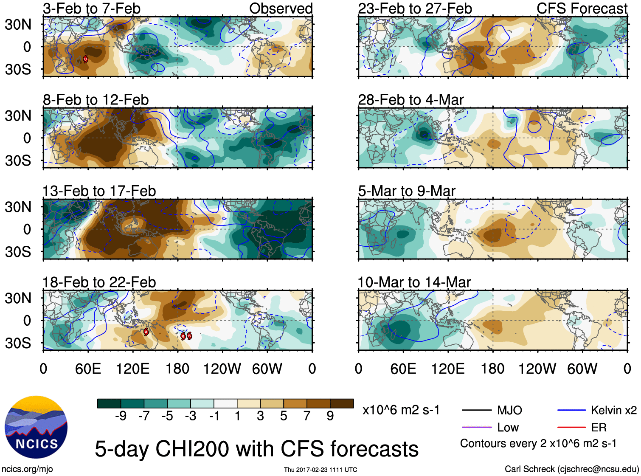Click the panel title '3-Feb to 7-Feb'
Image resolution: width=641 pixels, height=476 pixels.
coord(92,8)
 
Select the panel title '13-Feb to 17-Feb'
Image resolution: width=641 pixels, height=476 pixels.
coord(99,191)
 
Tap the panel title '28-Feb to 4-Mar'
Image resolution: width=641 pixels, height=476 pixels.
coord(411,100)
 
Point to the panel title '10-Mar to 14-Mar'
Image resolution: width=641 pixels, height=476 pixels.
coord(414,282)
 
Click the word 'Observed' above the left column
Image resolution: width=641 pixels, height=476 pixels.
coord(281,8)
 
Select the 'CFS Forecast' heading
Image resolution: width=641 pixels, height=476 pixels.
coord(582,8)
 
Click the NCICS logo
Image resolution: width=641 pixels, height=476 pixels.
coord(36,427)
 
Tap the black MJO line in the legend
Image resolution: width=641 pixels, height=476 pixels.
coord(476,410)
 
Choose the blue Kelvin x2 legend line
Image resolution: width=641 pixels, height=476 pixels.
coord(571,410)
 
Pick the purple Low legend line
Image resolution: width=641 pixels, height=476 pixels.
coord(476,428)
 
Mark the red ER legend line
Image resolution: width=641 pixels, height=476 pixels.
coord(571,428)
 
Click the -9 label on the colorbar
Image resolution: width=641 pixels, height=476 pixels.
coord(121,416)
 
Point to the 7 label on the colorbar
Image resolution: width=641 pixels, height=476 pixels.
coord(307,416)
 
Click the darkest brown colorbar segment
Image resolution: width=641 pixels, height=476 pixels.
coord(342,403)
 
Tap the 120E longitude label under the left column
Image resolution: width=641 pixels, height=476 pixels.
coord(133,369)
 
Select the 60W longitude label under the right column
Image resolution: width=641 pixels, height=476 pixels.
coord(582,369)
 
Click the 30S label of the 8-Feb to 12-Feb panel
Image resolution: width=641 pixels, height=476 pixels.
coord(18,161)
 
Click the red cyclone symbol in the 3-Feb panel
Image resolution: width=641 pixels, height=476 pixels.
coord(85,59)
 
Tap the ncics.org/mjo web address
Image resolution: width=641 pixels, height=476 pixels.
coord(27,469)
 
